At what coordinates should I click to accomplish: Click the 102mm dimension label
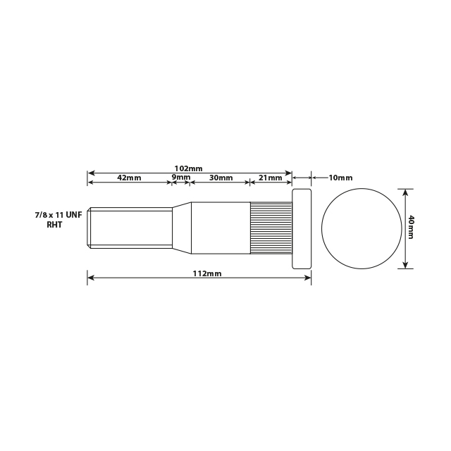click(188, 168)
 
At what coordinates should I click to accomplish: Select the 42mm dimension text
click(129, 178)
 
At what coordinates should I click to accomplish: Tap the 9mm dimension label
click(181, 178)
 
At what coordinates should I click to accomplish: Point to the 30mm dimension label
click(221, 178)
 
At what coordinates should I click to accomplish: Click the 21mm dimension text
click(270, 178)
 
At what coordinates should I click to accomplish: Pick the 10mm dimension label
click(340, 178)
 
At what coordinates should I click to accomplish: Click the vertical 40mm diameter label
click(411, 228)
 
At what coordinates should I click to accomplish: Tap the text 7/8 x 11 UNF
click(58, 214)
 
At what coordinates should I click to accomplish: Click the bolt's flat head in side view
click(302, 228)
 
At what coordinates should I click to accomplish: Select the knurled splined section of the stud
click(271, 228)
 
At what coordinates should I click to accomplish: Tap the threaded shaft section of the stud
click(130, 228)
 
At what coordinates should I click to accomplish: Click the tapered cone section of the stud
click(182, 228)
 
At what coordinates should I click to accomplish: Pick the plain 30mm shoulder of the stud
click(221, 228)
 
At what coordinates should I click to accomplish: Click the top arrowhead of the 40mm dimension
click(404, 191)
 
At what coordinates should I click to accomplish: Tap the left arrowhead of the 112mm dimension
click(91, 278)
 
